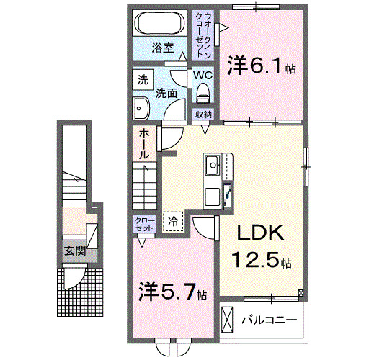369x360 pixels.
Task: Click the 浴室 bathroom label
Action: coord(162,48)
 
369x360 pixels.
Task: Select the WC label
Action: coord(202,75)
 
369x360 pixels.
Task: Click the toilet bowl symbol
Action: coord(203,91)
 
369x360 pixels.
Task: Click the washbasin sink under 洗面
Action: coord(140,108)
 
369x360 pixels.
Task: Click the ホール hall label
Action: coord(144,143)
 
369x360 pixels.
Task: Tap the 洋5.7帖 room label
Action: coord(173,292)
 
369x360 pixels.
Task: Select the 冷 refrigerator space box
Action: coord(174,222)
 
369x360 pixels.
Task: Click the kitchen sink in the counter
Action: coord(213,167)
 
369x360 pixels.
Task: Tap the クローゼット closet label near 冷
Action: coord(143,223)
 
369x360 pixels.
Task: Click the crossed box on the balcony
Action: coord(228,318)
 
